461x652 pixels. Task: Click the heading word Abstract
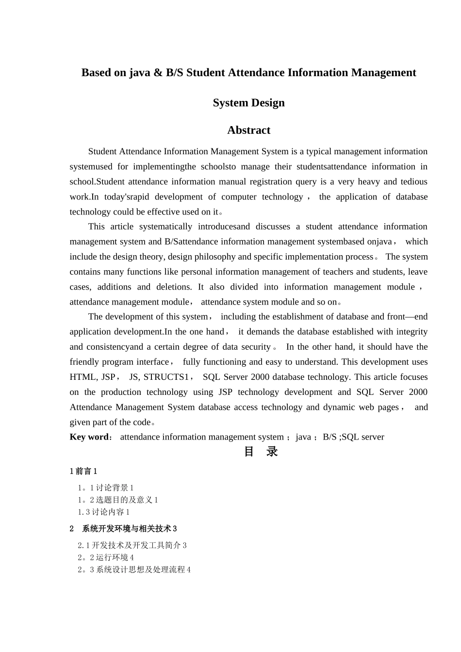(x=248, y=130)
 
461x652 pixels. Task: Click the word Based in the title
(x=96, y=73)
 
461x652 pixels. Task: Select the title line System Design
(x=248, y=103)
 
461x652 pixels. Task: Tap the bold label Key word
(x=89, y=437)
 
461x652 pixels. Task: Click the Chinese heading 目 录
(x=261, y=452)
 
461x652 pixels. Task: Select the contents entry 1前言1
(x=83, y=471)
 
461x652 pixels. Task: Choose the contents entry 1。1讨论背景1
(x=105, y=488)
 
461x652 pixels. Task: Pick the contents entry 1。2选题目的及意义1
(x=118, y=500)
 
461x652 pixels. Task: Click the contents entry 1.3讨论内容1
(x=103, y=512)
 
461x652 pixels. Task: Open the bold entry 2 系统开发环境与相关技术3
(x=123, y=529)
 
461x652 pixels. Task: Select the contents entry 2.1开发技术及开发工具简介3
(x=132, y=545)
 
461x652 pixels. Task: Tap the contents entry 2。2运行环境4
(x=105, y=557)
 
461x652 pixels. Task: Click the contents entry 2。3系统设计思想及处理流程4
(x=134, y=570)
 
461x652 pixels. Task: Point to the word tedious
(x=414, y=182)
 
